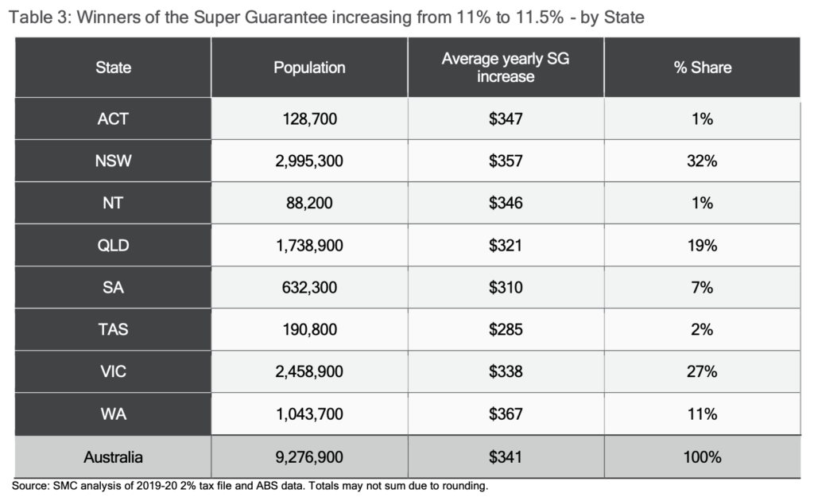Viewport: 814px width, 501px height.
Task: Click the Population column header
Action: click(x=309, y=68)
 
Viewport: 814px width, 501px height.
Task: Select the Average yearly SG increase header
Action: click(x=506, y=68)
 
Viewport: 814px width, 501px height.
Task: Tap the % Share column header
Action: click(x=702, y=68)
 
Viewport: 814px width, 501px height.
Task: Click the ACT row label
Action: click(x=112, y=119)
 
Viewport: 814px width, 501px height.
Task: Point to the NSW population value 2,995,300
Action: click(x=309, y=161)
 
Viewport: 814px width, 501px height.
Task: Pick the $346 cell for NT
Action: click(x=506, y=204)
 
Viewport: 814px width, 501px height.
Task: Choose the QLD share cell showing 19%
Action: click(x=702, y=246)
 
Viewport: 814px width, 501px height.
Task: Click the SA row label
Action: click(x=112, y=288)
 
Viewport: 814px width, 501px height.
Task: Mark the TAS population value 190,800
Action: click(x=309, y=330)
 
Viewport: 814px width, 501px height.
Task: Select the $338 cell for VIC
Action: click(x=506, y=372)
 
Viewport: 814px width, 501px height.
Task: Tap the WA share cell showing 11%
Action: click(x=702, y=414)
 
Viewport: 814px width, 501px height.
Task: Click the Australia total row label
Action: click(x=112, y=457)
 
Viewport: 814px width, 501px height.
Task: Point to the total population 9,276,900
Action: click(x=309, y=457)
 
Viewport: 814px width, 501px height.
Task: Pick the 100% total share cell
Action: click(x=702, y=457)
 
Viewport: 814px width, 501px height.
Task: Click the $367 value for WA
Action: click(x=506, y=414)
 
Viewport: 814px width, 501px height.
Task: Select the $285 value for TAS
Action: click(x=506, y=330)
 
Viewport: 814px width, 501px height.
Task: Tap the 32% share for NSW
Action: click(x=702, y=161)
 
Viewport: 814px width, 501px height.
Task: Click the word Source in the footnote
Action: click(x=29, y=485)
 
